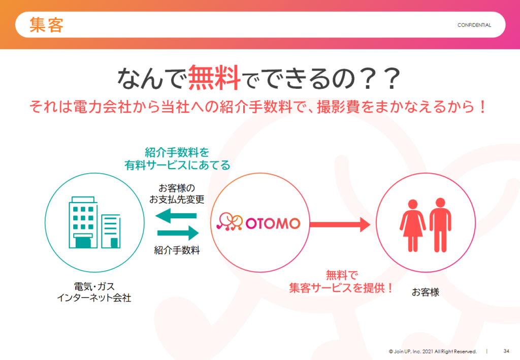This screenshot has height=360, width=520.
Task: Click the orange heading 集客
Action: click(46, 25)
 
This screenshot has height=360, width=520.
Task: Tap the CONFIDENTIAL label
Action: click(474, 25)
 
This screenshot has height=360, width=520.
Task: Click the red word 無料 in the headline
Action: click(214, 78)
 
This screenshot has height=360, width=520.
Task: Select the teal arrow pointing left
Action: click(176, 215)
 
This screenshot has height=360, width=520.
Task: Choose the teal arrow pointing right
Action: click(178, 233)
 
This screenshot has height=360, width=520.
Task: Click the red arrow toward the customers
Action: click(340, 224)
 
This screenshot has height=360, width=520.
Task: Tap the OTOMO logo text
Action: click(273, 223)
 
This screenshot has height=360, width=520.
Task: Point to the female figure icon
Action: click(412, 225)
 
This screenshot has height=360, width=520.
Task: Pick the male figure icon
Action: click(440, 225)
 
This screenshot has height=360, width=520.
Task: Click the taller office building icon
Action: click(83, 222)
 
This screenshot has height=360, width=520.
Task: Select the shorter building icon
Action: click(111, 231)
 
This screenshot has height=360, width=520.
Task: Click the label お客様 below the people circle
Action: click(426, 292)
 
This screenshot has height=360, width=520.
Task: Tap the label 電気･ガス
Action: click(94, 286)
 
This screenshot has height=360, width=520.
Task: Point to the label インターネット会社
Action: click(94, 298)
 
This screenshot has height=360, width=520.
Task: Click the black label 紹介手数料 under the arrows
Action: click(177, 250)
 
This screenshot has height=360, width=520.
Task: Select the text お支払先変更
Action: click(177, 200)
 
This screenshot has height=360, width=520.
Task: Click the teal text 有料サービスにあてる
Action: click(177, 165)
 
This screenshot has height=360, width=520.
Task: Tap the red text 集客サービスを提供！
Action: click(341, 288)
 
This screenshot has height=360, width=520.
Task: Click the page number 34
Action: click(506, 351)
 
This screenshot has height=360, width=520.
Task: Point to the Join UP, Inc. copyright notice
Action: click(433, 351)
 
